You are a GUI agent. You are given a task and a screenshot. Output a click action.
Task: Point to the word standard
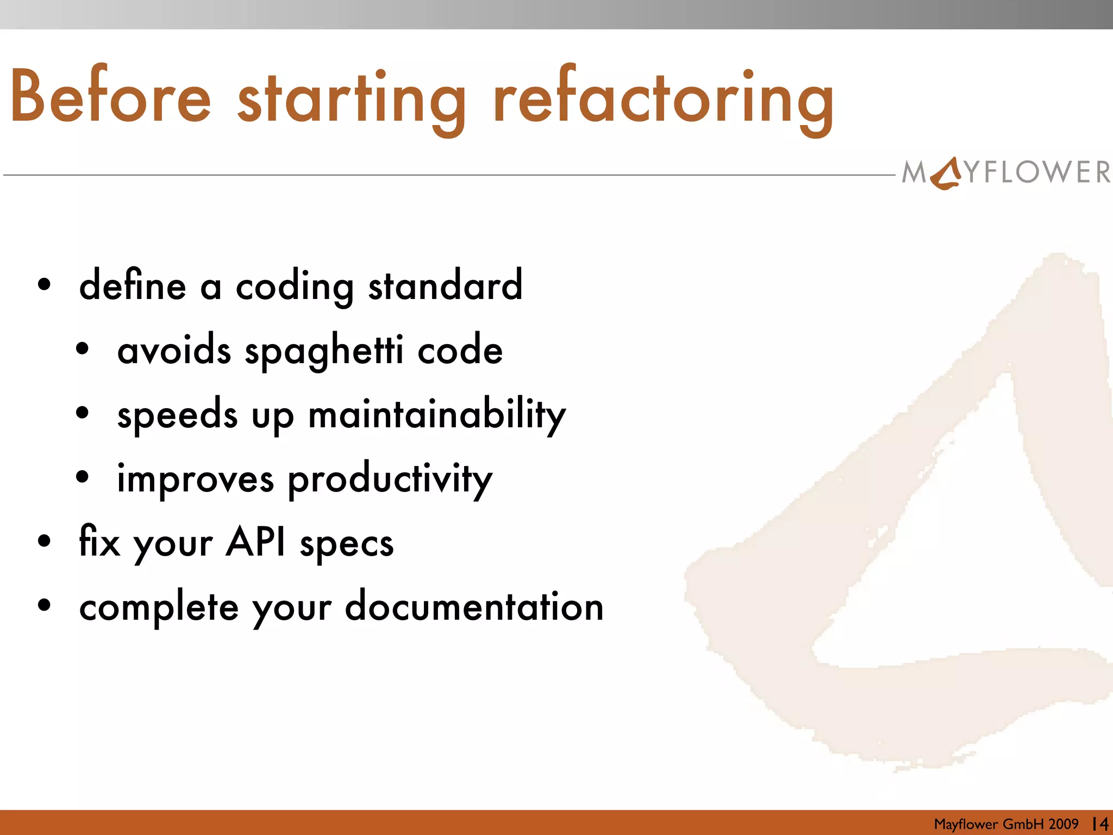pyautogui.click(x=445, y=285)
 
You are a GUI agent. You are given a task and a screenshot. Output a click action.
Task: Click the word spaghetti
pyautogui.click(x=324, y=351)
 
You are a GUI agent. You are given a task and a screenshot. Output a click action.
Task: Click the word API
pyautogui.click(x=255, y=542)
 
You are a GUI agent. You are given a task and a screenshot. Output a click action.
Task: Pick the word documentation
pyautogui.click(x=474, y=607)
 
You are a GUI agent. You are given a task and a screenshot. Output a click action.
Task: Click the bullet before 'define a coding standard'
pyautogui.click(x=45, y=284)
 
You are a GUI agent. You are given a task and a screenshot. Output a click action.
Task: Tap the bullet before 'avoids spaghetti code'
pyautogui.click(x=82, y=349)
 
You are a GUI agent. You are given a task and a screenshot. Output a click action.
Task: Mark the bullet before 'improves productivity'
pyautogui.click(x=82, y=477)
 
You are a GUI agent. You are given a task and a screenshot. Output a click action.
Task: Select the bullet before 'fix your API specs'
pyautogui.click(x=45, y=541)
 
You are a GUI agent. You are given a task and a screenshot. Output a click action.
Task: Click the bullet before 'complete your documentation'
pyautogui.click(x=45, y=605)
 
